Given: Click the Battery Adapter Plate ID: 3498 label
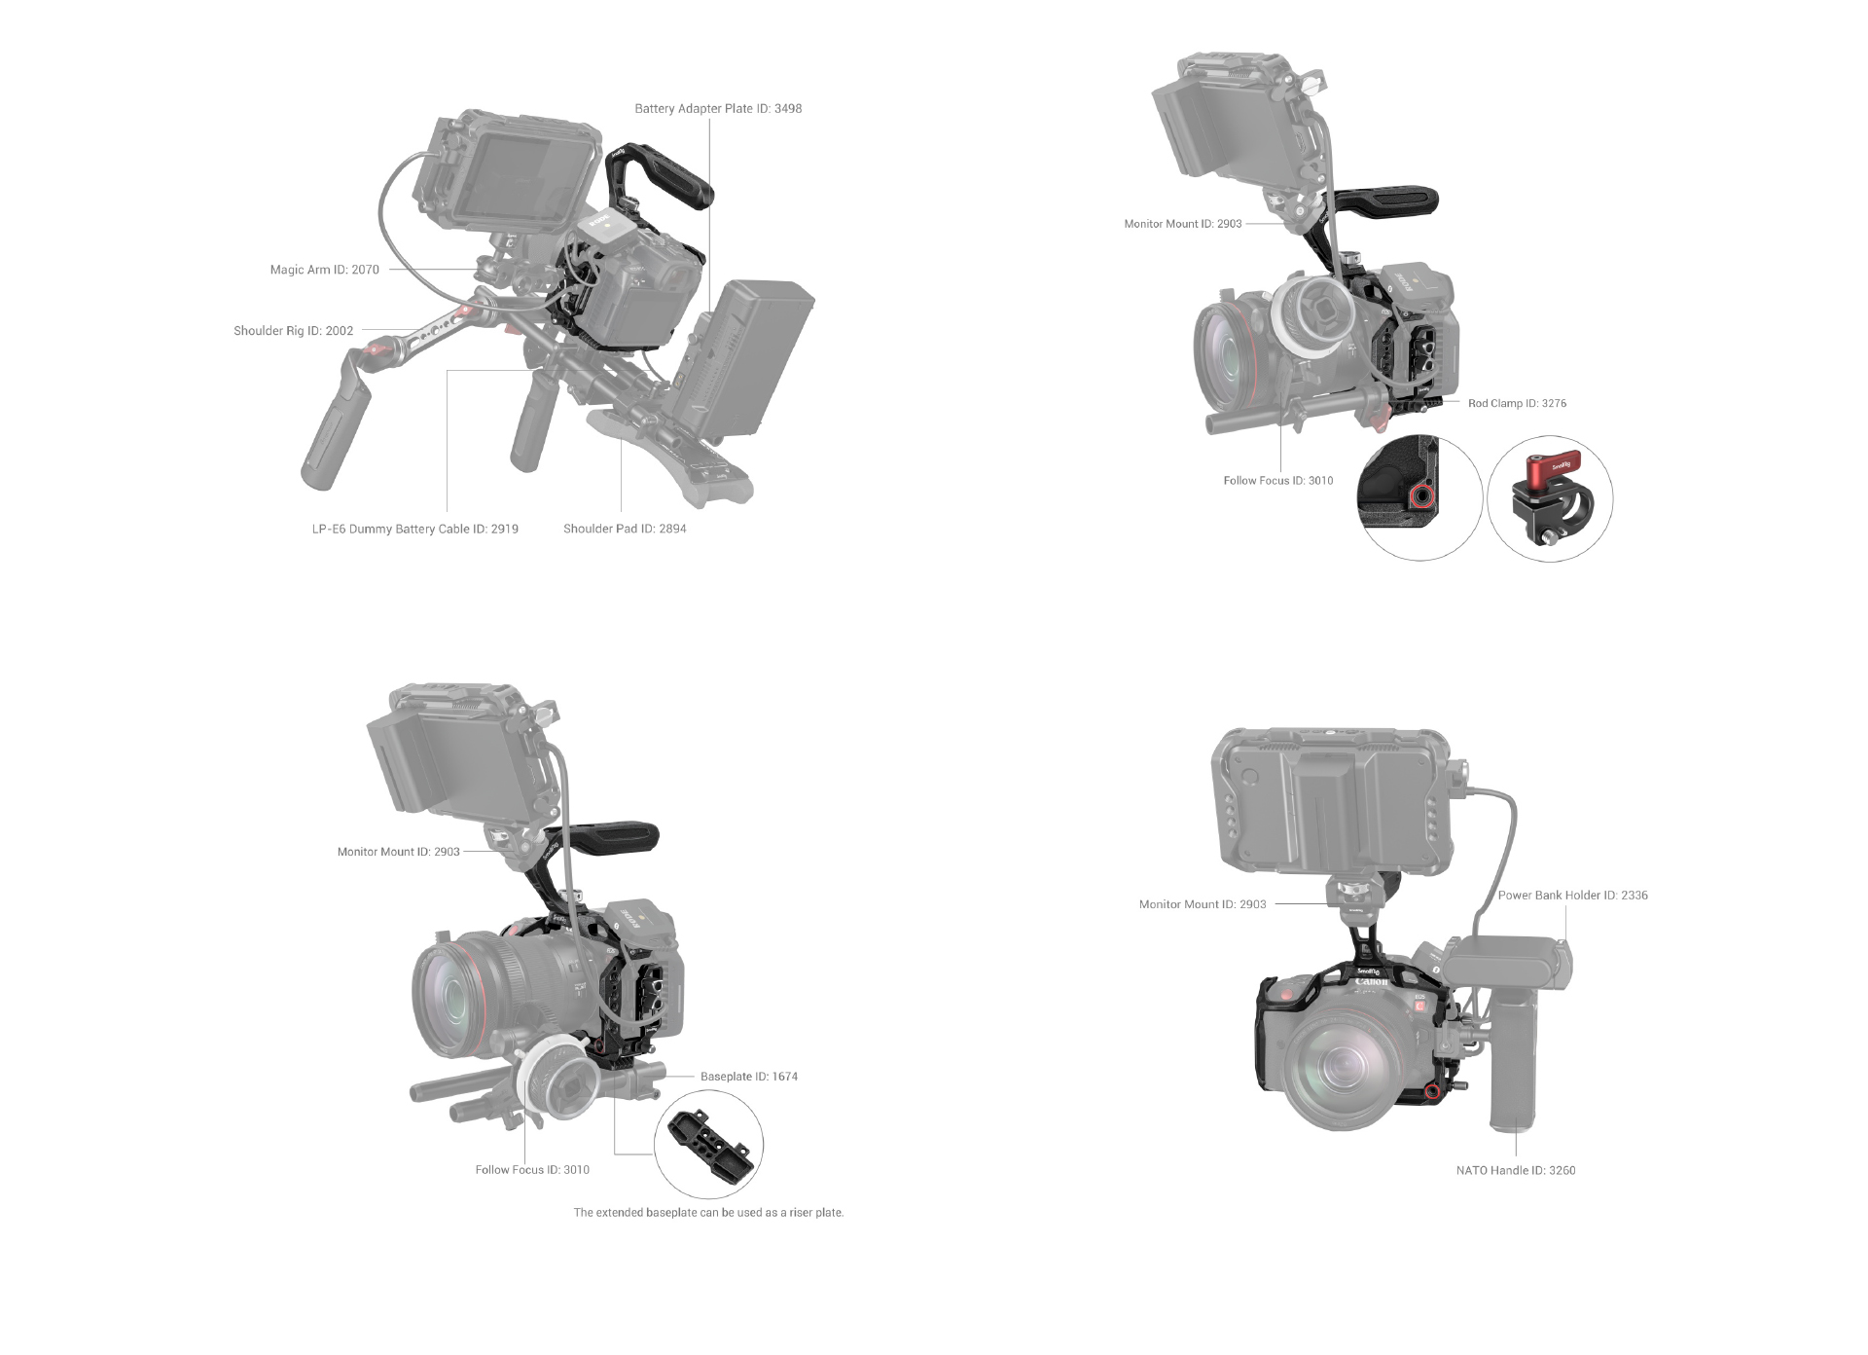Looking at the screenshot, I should [x=718, y=109].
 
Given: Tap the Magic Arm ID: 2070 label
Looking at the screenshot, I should [x=324, y=270].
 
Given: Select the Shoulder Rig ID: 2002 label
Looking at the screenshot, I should [x=293, y=331].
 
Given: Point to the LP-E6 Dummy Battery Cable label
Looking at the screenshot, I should [x=414, y=530].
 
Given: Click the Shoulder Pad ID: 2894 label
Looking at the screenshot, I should [x=625, y=530].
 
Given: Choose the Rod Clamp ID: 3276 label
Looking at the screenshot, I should [x=1517, y=404].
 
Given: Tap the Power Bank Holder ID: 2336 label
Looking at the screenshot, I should [x=1572, y=896].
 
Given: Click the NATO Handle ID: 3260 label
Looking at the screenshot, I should [x=1515, y=1171].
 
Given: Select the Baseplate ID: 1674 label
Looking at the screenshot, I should [x=748, y=1077].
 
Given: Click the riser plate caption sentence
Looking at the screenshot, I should [x=708, y=1213].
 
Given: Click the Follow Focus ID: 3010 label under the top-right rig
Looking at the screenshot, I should [x=1277, y=481].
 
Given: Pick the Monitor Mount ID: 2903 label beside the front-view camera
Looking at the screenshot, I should [x=1203, y=905].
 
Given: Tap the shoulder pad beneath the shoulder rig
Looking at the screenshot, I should [x=671, y=458].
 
